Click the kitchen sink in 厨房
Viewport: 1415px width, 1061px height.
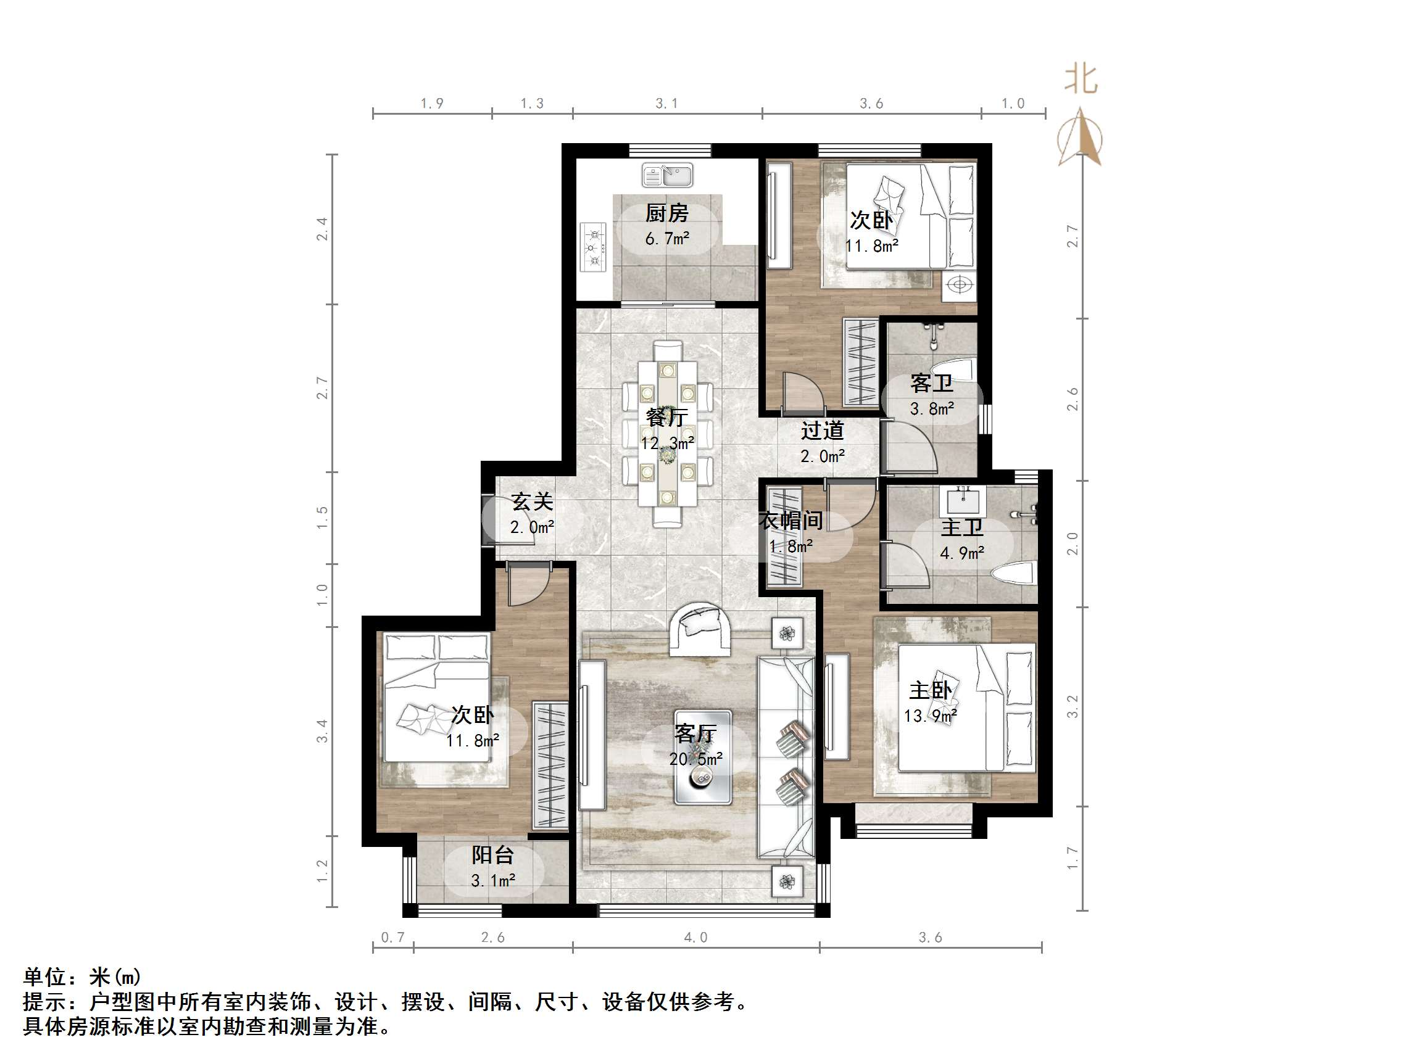point(667,175)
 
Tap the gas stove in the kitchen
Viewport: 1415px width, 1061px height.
point(593,247)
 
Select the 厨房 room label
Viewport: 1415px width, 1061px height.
point(666,213)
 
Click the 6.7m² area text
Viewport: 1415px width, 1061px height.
point(666,239)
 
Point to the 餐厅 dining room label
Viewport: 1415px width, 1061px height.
point(666,418)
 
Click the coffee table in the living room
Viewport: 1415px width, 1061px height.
point(702,758)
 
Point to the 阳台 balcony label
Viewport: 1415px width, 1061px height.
point(492,855)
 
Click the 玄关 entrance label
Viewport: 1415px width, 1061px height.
point(532,502)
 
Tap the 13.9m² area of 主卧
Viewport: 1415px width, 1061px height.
point(930,716)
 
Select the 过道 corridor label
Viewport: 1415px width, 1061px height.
point(823,431)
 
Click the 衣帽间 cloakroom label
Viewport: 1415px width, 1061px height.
point(791,521)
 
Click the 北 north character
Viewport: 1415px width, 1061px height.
point(1081,81)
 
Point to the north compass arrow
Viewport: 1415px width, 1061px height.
point(1081,138)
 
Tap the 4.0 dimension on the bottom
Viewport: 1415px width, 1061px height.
point(695,938)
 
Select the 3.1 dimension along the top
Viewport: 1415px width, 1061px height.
point(666,104)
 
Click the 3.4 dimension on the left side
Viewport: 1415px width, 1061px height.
point(322,731)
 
